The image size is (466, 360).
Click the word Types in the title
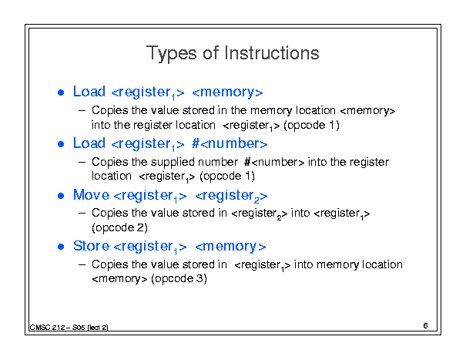tap(172, 54)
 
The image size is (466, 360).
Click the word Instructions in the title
tap(272, 53)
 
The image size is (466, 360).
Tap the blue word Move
tap(91, 195)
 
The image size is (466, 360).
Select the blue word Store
tap(91, 246)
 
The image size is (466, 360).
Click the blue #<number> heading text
tap(230, 143)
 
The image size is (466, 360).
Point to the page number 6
tap(425, 326)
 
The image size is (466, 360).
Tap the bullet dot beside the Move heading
tap(61, 196)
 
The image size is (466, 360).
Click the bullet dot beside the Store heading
tap(61, 247)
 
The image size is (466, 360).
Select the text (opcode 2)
tap(119, 227)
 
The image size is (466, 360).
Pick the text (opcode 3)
tap(179, 279)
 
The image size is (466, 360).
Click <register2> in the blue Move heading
tap(231, 196)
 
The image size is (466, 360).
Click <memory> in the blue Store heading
tap(230, 247)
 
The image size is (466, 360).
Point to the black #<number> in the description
tap(274, 162)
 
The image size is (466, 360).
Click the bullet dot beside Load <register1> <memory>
tap(61, 93)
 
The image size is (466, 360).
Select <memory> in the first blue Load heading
tap(227, 93)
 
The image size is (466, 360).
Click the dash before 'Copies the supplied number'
tap(82, 163)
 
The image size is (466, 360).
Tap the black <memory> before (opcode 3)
tap(119, 279)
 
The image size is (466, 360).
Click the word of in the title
tap(211, 53)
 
